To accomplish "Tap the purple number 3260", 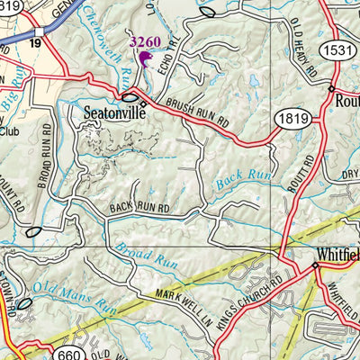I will click(146, 41).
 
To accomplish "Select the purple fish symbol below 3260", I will click(144, 60).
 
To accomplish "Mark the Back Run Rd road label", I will click(139, 208).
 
